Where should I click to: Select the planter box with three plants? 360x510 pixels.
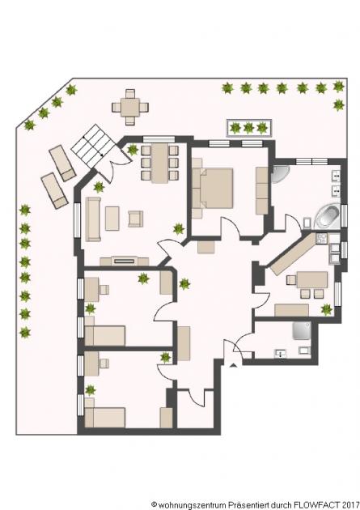(250, 127)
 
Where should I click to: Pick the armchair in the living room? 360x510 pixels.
(134, 218)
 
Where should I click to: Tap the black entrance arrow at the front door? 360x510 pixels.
(234, 366)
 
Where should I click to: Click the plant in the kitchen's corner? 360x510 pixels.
(326, 309)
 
